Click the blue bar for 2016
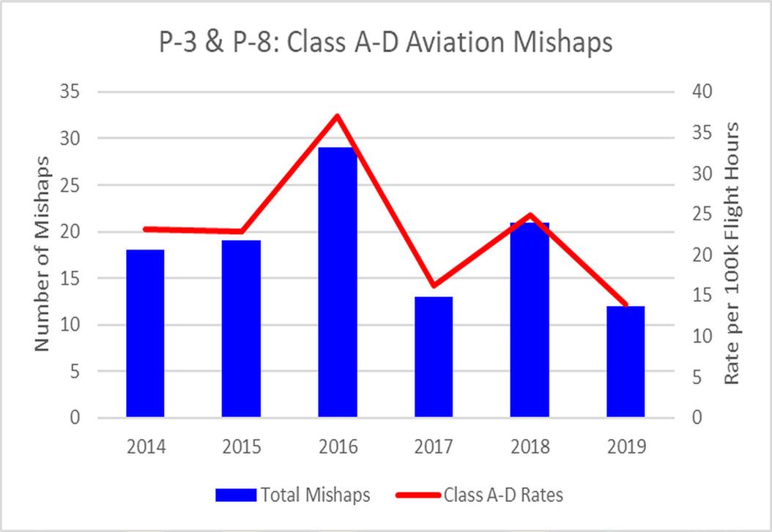pyautogui.click(x=337, y=282)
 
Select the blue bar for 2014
pyautogui.click(x=145, y=334)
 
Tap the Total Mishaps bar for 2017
pyautogui.click(x=433, y=357)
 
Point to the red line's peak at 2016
pyautogui.click(x=337, y=116)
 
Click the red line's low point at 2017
pyautogui.click(x=433, y=285)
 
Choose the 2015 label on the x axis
pyautogui.click(x=241, y=446)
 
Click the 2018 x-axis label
pyautogui.click(x=529, y=446)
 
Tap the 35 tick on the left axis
pyautogui.click(x=72, y=91)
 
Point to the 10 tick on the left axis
pyautogui.click(x=72, y=325)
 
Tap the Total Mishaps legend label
pyautogui.click(x=315, y=495)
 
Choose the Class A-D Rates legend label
pyautogui.click(x=503, y=495)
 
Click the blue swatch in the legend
pyautogui.click(x=236, y=495)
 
